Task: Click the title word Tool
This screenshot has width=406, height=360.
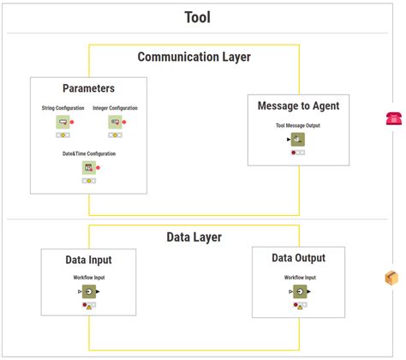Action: [197, 17]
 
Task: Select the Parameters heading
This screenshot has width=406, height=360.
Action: [88, 88]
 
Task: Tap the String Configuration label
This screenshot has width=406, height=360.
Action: [63, 109]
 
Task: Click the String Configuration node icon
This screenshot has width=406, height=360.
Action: [63, 123]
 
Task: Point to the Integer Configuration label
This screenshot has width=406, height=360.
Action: [115, 109]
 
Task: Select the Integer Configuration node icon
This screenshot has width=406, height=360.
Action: [115, 123]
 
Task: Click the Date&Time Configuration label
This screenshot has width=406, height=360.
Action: [88, 154]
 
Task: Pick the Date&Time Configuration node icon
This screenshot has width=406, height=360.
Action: [88, 168]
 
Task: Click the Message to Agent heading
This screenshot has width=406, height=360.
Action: [298, 106]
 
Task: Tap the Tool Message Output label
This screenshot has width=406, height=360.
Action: [298, 125]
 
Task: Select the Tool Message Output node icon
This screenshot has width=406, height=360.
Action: [297, 140]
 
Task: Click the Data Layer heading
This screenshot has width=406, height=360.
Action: [194, 237]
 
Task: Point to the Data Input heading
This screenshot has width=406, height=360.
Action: [88, 260]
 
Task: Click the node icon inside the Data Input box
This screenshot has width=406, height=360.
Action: [88, 292]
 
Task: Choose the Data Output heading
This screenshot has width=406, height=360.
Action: [298, 258]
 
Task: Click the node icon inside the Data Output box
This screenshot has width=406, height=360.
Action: [300, 292]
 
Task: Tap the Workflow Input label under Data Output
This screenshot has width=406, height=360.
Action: [300, 278]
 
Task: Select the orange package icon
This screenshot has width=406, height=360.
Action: [391, 278]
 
